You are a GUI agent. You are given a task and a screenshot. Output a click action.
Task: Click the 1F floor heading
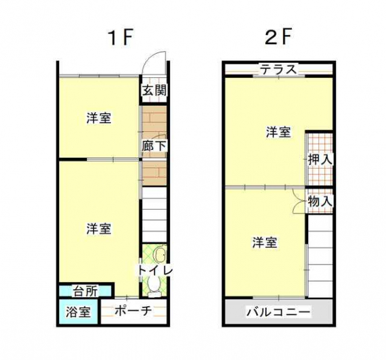pyautogui.click(x=121, y=38)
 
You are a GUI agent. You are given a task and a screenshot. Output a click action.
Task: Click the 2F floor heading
pyautogui.click(x=278, y=38)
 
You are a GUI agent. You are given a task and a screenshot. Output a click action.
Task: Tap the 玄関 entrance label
pyautogui.click(x=154, y=90)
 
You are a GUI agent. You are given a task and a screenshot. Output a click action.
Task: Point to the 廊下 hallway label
pyautogui.click(x=154, y=146)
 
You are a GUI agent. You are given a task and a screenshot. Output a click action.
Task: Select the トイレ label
pyautogui.click(x=155, y=270)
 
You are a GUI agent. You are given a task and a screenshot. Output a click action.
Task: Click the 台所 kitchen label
pyautogui.click(x=86, y=291)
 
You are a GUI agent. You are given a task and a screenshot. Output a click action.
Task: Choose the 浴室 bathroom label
pyautogui.click(x=78, y=312)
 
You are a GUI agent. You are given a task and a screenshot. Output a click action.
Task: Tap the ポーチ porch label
pyautogui.click(x=133, y=311)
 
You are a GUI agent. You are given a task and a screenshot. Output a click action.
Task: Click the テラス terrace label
pyautogui.click(x=278, y=69)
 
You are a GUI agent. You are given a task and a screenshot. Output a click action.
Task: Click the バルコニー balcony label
pyautogui.click(x=278, y=313)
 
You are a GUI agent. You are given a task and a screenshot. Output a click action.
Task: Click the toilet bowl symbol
pyautogui.click(x=154, y=285)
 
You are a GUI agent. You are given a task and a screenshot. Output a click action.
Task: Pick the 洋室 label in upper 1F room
pyautogui.click(x=99, y=118)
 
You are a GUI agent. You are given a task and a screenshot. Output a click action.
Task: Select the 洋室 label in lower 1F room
pyautogui.click(x=99, y=228)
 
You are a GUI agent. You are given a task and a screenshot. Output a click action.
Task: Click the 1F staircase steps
pyautogui.click(x=154, y=215)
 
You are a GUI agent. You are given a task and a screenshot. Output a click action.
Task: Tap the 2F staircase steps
pyautogui.click(x=320, y=256)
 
